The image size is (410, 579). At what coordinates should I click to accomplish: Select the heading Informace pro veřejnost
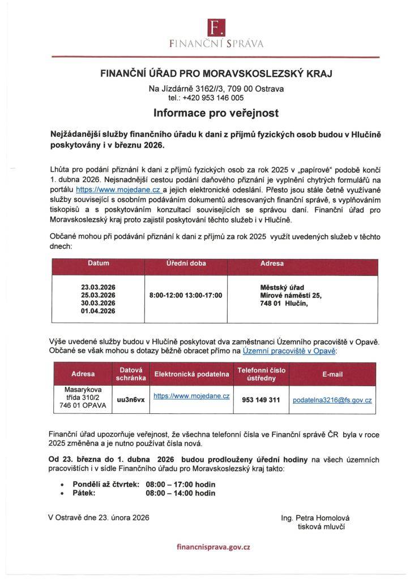(216, 113)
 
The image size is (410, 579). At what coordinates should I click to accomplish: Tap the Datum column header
(98, 263)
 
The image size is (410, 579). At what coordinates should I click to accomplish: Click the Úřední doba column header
(186, 263)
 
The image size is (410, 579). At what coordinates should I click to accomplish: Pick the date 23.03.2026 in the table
(98, 287)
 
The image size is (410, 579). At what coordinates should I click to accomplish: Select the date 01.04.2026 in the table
(98, 311)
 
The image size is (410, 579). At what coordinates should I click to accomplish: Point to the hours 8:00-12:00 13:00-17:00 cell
(186, 295)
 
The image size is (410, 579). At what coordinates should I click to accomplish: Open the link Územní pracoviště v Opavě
(289, 351)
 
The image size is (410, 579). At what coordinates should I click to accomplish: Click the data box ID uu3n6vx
(131, 399)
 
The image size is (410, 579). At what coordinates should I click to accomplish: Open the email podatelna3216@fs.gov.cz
(332, 400)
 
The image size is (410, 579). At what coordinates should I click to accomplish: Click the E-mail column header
(332, 374)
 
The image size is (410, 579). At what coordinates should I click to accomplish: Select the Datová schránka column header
(131, 374)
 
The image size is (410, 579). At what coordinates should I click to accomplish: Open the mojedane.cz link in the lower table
(191, 396)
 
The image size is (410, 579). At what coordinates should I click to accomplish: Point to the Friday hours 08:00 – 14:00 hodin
(181, 493)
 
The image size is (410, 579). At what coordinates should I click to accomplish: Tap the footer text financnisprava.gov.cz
(213, 547)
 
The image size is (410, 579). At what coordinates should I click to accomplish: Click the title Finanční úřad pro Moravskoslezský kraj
(216, 74)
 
